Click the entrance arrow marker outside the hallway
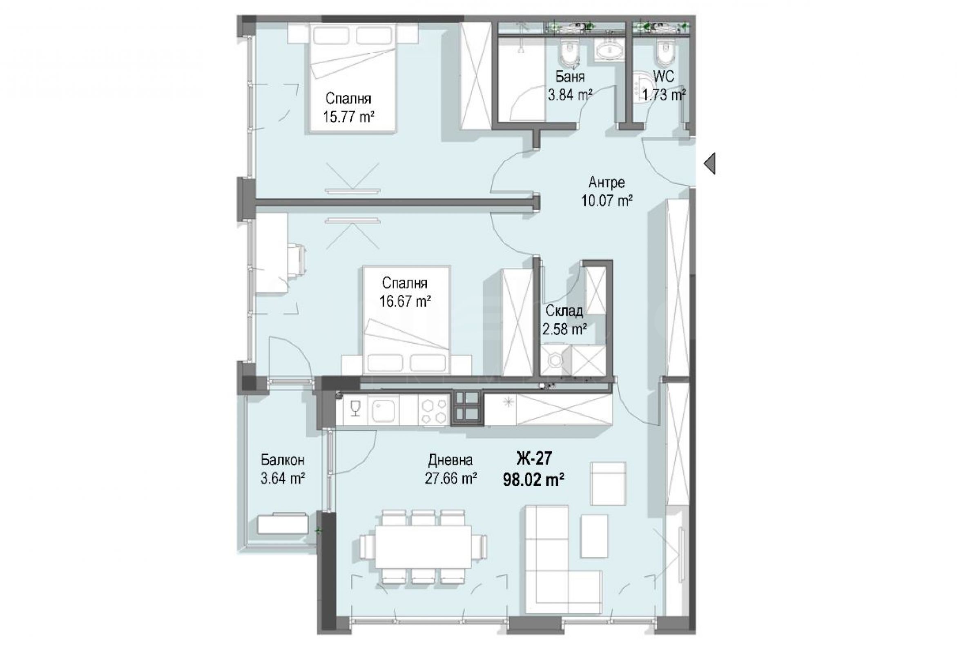709,163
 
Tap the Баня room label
570,77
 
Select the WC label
663,77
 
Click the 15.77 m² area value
348,116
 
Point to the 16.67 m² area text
405,301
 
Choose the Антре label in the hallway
607,183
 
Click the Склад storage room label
564,311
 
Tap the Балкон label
283,460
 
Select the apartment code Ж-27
534,458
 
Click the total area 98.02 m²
534,480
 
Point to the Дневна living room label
451,460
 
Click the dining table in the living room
423,546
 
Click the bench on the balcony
283,523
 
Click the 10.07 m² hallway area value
607,201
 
